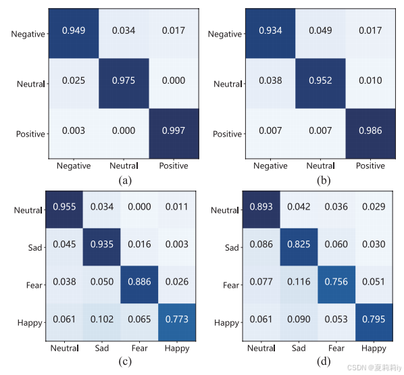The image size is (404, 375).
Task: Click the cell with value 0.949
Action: [72, 31]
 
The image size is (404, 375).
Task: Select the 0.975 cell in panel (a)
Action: [123, 80]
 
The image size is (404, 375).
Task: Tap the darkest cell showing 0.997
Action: [173, 130]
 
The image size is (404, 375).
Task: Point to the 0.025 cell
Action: [72, 80]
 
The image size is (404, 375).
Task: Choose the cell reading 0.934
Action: [269, 31]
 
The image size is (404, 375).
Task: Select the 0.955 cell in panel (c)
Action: [64, 209]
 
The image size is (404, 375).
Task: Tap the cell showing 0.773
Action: [176, 321]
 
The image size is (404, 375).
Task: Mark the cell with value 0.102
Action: [101, 321]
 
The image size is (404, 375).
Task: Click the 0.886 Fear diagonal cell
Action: [139, 284]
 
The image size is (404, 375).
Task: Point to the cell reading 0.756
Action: [336, 284]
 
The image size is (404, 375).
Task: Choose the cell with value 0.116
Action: [298, 284]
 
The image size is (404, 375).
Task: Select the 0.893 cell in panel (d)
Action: [261, 209]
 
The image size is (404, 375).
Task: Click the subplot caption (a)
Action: [124, 180]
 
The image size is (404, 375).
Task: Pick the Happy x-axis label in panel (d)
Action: [373, 348]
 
